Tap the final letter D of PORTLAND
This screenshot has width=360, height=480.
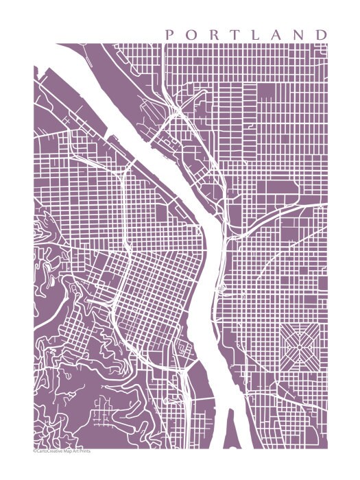[322, 34]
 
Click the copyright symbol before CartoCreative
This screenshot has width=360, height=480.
[34, 451]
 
